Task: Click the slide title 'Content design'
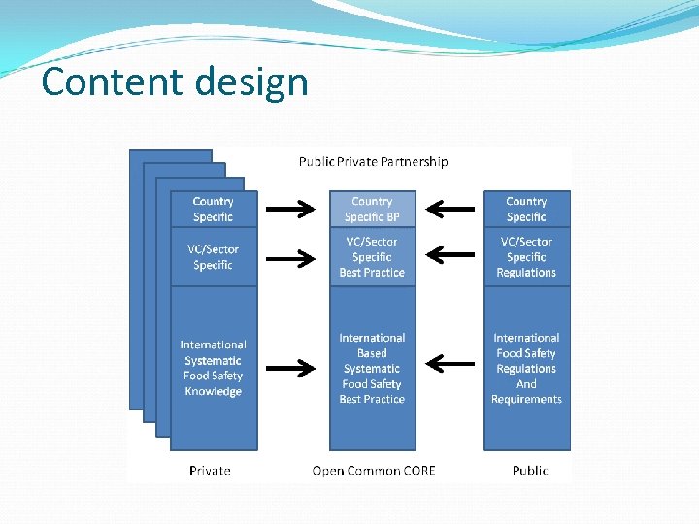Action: point(175,82)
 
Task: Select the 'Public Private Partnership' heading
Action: point(373,161)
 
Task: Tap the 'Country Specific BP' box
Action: point(372,209)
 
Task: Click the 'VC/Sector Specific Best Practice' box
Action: point(372,257)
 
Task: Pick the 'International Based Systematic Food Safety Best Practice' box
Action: point(372,368)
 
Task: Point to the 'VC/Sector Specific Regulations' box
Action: point(526,257)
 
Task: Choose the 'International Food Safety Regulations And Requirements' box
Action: point(526,368)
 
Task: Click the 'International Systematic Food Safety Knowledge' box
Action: point(214,368)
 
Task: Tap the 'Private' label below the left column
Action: point(210,471)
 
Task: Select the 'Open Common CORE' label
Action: point(374,471)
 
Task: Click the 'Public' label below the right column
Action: point(530,471)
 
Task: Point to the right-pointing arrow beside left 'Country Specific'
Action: point(291,208)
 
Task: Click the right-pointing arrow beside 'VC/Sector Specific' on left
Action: point(291,258)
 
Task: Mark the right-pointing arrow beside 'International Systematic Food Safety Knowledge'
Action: point(291,367)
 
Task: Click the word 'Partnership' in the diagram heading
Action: point(415,161)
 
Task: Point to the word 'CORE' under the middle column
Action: point(416,471)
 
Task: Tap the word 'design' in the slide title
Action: point(250,82)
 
